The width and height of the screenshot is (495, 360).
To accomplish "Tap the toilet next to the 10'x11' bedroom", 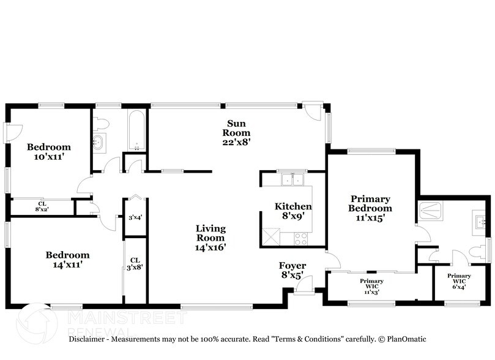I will [x=102, y=122].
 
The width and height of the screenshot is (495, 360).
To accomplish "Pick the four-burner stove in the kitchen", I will [x=301, y=238].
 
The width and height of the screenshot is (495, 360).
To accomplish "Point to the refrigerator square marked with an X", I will [x=270, y=236].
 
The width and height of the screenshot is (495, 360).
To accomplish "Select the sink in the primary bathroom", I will [x=480, y=221].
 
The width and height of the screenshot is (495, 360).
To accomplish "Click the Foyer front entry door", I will [x=304, y=284].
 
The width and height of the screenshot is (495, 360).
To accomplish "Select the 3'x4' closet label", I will [x=135, y=217].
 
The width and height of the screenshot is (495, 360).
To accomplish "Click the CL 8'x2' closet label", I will [x=42, y=207].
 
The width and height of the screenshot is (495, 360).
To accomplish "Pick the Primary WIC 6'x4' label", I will [x=458, y=280].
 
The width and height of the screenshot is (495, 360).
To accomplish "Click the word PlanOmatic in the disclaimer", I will [x=404, y=339].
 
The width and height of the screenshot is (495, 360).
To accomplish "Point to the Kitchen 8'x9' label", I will [x=293, y=211].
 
